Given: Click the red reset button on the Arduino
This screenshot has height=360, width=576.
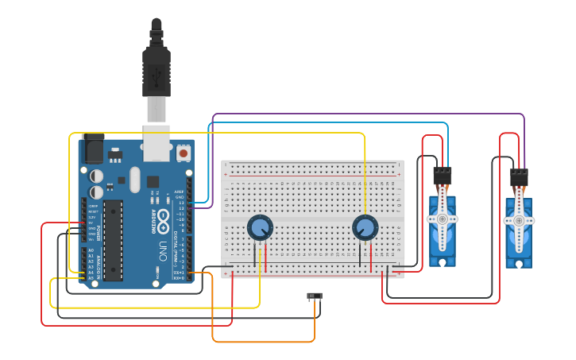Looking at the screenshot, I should [x=184, y=152].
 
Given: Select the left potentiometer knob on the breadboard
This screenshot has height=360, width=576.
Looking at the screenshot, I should [x=259, y=227].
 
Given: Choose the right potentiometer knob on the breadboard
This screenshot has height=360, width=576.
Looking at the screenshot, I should [x=365, y=227].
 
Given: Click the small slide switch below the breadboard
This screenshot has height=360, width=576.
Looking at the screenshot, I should [x=315, y=296].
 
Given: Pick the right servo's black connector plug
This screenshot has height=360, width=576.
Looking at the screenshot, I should [x=519, y=177].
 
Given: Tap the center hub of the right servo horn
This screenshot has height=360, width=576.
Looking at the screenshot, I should [x=518, y=220].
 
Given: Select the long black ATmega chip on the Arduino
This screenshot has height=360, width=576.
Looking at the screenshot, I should [x=113, y=240].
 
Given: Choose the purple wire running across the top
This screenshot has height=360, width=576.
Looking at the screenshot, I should [x=365, y=114].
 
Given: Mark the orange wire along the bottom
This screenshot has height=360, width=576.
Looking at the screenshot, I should [x=262, y=342].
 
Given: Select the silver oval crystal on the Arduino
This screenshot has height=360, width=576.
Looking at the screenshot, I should [x=133, y=179].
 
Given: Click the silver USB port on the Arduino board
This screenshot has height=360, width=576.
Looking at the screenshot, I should [x=156, y=137].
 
